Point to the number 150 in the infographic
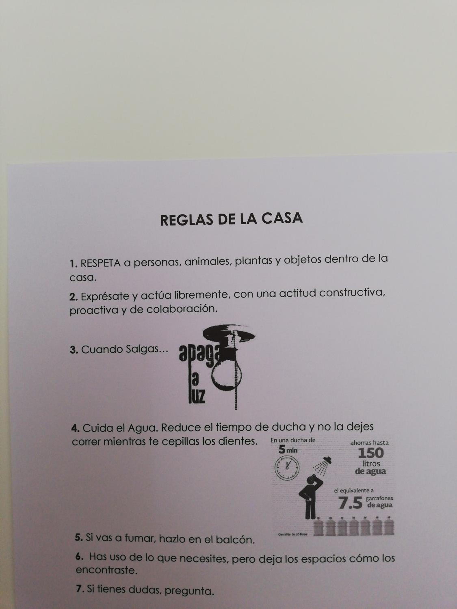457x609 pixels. tap(371, 453)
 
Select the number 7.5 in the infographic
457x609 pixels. tap(350, 503)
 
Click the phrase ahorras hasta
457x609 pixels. tap(369, 443)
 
